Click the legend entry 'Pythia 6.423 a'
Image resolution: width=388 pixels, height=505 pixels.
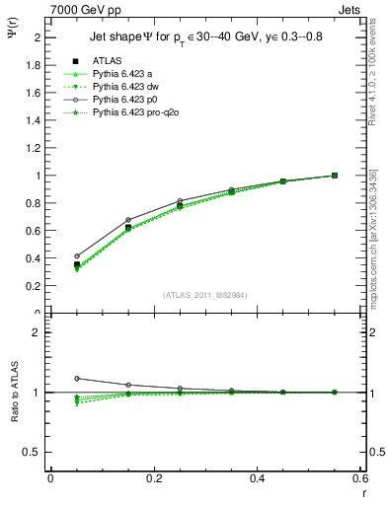[123, 74]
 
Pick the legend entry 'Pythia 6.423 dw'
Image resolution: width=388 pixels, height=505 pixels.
[126, 87]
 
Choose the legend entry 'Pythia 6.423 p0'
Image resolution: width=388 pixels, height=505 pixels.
[126, 101]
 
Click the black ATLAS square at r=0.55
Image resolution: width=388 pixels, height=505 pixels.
[335, 176]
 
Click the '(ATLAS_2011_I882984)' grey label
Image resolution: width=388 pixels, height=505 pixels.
[205, 295]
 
